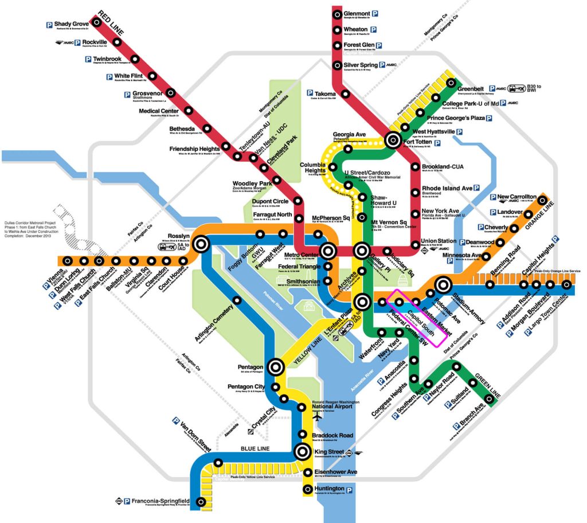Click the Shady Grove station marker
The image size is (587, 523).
pyautogui.click(x=97, y=22)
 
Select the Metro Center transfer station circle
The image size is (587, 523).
pyautogui.click(x=328, y=251)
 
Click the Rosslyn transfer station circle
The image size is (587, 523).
pyautogui.click(x=201, y=244)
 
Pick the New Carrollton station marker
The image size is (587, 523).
pyautogui.click(x=542, y=200)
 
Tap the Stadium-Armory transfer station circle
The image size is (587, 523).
pyautogui.click(x=443, y=284)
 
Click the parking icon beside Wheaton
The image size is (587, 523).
pyautogui.click(x=374, y=29)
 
